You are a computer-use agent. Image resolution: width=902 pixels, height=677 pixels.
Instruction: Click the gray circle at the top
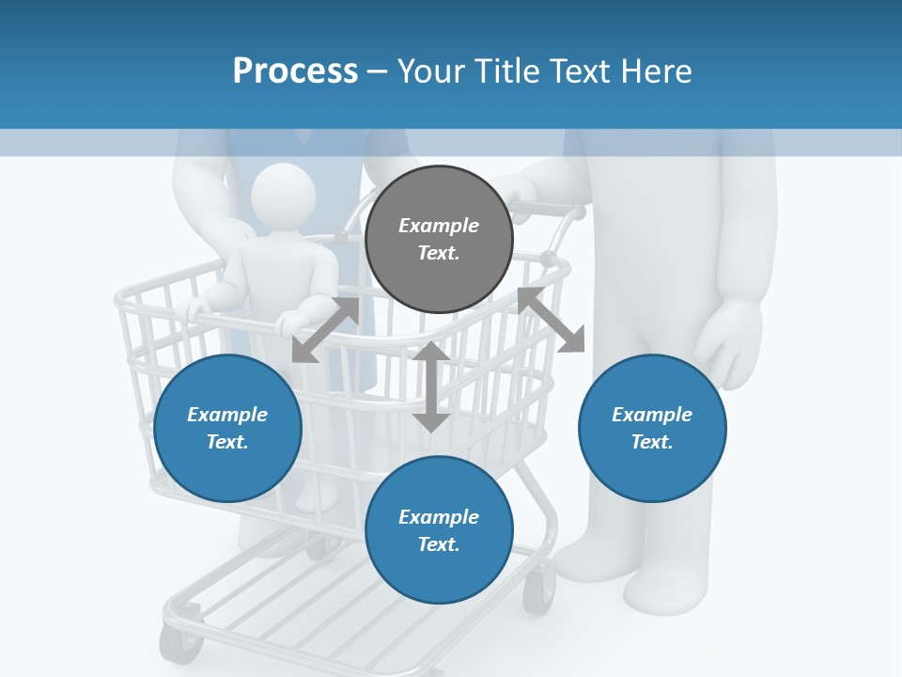click(439, 240)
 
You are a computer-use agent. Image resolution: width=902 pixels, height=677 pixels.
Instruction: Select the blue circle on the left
click(227, 428)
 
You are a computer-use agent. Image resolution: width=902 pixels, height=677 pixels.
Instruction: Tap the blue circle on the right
click(652, 428)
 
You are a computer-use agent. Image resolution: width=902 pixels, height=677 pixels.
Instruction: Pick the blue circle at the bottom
click(439, 530)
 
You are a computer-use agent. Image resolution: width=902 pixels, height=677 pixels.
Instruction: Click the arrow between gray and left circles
click(325, 330)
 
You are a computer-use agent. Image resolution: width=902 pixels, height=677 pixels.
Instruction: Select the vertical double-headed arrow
click(431, 386)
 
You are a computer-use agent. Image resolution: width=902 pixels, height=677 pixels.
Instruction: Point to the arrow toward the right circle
click(552, 321)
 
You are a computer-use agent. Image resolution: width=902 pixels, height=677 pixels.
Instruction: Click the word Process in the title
click(295, 71)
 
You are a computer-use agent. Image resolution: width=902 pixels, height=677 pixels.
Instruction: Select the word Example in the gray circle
click(439, 226)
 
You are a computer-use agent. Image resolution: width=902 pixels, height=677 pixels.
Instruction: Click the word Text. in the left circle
click(227, 442)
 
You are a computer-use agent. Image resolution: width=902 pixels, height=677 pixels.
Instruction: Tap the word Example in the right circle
click(652, 415)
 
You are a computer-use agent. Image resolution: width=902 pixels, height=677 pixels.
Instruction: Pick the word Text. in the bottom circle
click(439, 544)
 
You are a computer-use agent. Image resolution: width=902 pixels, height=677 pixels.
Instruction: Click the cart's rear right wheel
click(538, 592)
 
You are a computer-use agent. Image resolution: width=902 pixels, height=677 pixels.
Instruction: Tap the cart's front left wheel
click(181, 643)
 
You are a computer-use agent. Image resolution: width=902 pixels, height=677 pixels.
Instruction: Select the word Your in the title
click(431, 71)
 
